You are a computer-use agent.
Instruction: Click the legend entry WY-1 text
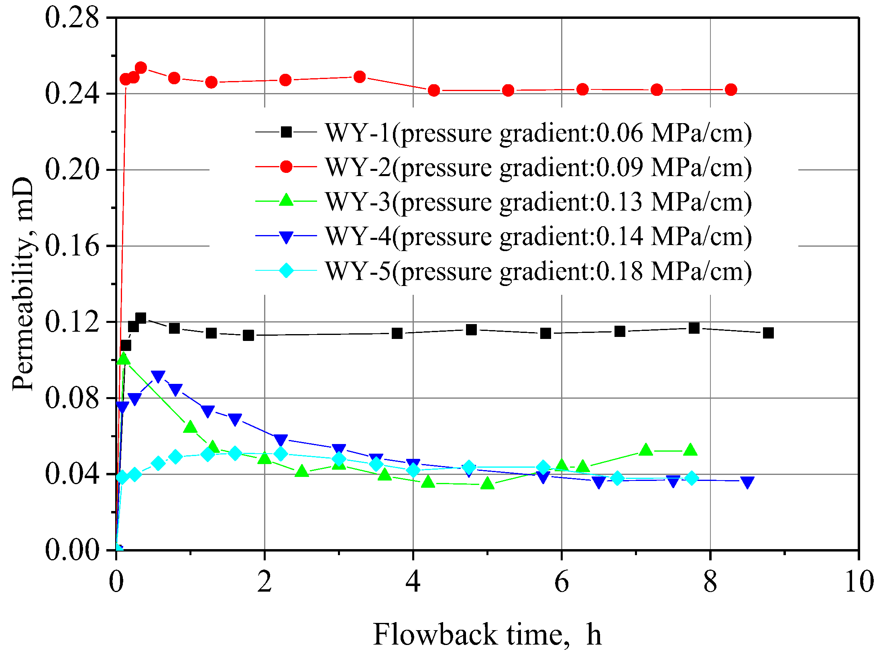tap(538, 133)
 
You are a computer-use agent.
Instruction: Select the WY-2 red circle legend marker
tap(286, 166)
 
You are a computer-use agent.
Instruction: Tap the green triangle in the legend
tap(286, 200)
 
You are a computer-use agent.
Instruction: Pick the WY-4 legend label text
tap(538, 236)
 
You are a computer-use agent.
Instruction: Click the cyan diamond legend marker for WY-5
tap(286, 270)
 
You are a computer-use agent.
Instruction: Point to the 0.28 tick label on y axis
tap(71, 18)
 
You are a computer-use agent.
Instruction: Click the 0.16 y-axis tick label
tap(71, 246)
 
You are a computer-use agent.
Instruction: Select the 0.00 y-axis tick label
tap(71, 550)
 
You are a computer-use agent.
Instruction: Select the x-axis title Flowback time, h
tap(487, 635)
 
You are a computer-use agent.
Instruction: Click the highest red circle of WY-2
tap(140, 67)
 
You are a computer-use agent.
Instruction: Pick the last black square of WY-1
tap(768, 333)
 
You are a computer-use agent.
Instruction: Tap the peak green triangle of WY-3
tap(124, 358)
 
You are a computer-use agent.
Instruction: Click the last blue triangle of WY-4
tap(747, 482)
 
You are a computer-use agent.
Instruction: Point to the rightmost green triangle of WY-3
tap(690, 450)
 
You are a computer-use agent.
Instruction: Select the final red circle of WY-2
tap(731, 89)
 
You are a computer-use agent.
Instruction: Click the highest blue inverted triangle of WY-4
tap(158, 376)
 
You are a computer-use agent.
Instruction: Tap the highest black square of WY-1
tap(140, 318)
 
